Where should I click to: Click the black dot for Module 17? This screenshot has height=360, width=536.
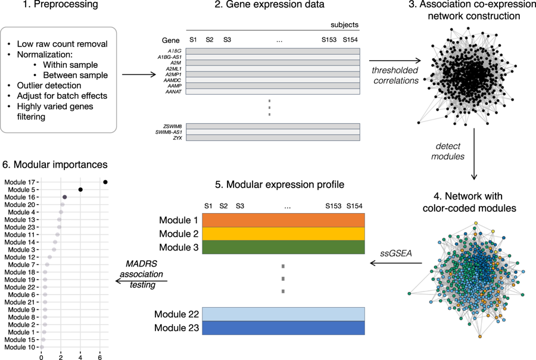click(105, 182)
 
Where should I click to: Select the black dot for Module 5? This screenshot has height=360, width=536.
click(80, 190)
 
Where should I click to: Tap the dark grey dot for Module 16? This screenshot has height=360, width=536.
click(64, 197)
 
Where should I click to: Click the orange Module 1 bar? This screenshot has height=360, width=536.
click(283, 220)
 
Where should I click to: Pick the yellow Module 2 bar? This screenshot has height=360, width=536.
click(283, 233)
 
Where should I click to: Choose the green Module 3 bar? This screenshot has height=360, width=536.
click(283, 247)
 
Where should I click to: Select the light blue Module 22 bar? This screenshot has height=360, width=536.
click(283, 314)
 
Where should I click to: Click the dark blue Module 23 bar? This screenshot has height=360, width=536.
click(283, 328)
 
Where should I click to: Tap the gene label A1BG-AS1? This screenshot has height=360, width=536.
click(170, 57)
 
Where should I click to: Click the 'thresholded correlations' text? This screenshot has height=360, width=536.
click(395, 76)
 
